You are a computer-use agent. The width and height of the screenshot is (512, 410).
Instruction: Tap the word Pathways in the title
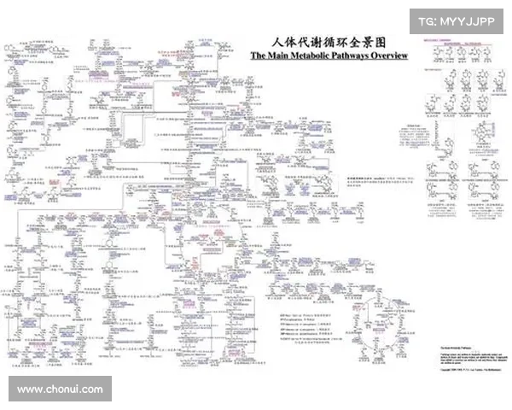[349, 56]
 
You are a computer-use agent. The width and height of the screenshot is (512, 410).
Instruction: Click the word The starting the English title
[259, 56]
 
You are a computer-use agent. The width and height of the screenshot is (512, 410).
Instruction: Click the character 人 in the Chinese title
[276, 41]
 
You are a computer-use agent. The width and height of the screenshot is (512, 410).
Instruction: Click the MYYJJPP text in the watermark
[467, 20]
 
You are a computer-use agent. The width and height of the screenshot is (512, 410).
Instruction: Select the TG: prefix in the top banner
[428, 20]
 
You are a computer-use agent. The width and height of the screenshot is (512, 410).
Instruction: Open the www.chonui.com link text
[60, 389]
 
